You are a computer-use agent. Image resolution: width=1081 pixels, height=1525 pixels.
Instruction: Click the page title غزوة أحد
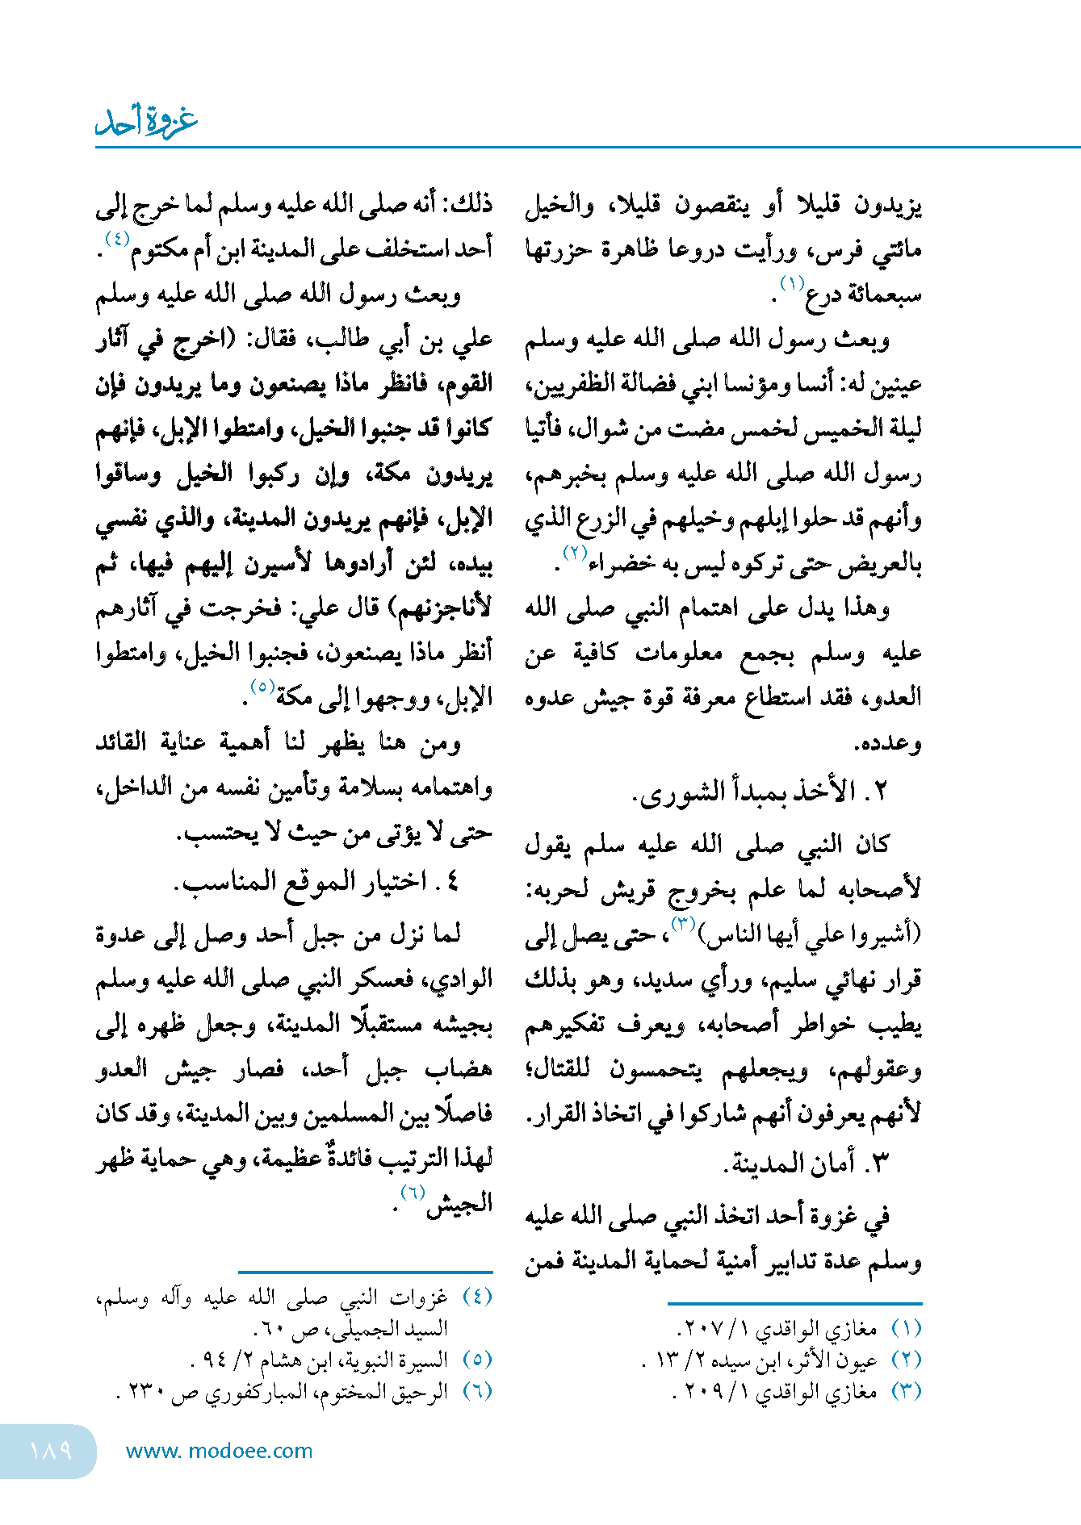point(146,121)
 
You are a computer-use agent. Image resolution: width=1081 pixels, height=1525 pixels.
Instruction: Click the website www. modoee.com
point(219,1452)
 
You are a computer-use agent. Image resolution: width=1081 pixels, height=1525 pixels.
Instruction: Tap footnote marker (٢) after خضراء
point(574,553)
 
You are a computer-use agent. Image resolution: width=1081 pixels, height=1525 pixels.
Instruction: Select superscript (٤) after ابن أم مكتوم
point(117,238)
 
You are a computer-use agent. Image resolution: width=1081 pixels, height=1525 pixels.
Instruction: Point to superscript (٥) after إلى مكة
point(263,687)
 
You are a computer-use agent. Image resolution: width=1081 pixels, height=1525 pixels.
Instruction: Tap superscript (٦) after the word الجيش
point(413,1193)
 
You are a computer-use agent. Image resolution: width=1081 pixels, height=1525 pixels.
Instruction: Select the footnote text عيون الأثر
point(845,1360)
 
